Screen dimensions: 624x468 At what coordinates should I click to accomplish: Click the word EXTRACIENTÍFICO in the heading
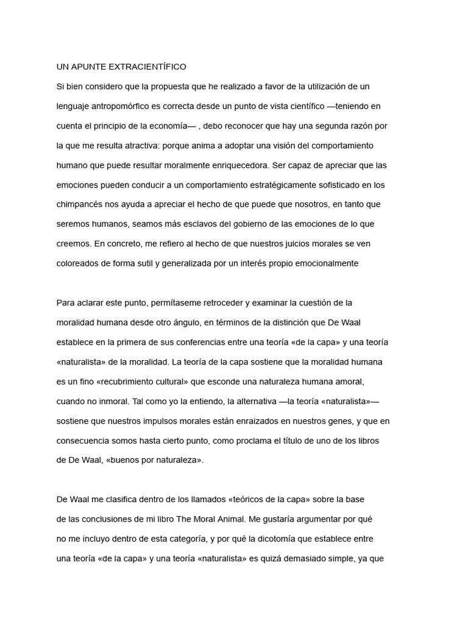140,66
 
